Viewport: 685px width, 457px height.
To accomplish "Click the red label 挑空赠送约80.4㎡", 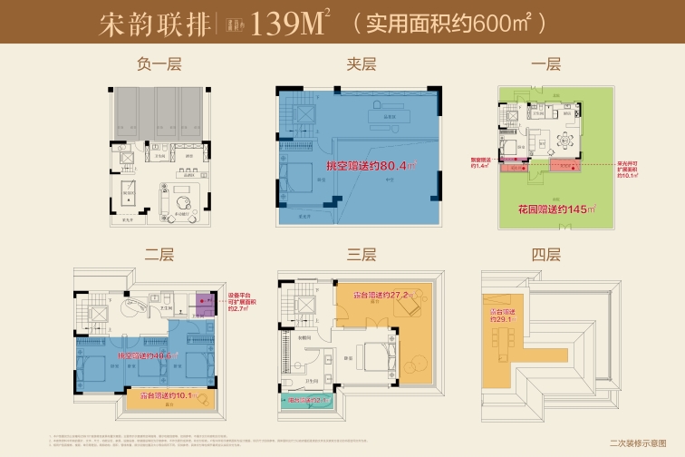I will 371,165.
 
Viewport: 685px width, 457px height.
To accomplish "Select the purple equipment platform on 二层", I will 205,303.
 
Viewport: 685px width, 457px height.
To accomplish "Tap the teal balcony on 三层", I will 305,400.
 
